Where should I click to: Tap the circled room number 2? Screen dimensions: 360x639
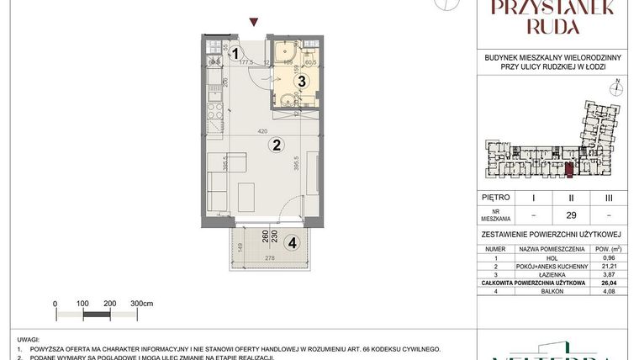(x=275, y=145)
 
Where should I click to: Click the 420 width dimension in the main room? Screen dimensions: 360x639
(x=262, y=131)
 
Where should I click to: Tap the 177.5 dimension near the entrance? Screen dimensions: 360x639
(x=246, y=61)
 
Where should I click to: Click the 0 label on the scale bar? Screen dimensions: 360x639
(x=55, y=302)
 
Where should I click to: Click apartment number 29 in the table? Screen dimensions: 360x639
(x=572, y=214)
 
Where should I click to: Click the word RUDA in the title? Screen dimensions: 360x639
(x=553, y=26)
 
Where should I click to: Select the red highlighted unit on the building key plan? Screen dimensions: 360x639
(x=568, y=171)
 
